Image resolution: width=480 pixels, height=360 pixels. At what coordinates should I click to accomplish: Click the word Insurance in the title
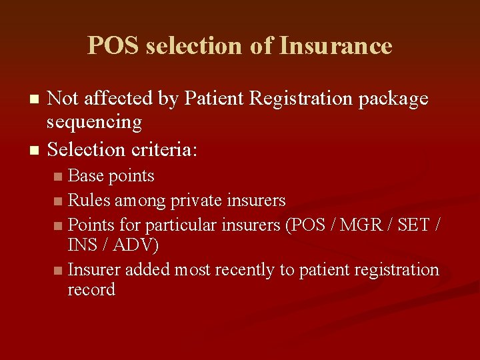point(335,46)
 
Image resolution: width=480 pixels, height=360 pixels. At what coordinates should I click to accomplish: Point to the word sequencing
point(94,123)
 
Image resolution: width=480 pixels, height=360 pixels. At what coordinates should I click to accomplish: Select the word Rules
point(89,200)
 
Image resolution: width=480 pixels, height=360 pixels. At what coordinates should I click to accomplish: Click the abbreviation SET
point(414,225)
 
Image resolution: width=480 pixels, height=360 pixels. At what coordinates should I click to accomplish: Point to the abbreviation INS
point(83,245)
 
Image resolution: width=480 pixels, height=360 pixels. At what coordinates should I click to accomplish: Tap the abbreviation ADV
point(135,245)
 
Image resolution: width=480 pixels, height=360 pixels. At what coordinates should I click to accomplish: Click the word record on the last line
point(91,290)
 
